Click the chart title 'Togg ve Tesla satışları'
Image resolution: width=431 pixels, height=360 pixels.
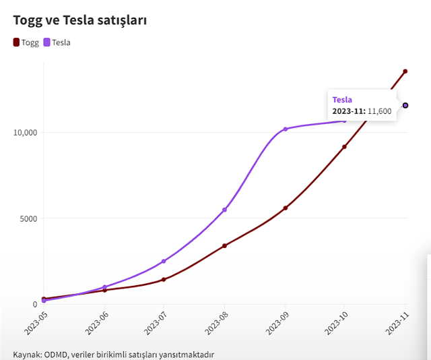(80, 20)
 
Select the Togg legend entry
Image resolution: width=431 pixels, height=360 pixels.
(26, 42)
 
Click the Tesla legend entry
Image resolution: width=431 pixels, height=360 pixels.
(57, 42)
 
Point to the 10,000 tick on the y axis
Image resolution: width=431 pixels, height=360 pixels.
(26, 132)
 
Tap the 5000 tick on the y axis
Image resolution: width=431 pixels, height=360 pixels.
(29, 218)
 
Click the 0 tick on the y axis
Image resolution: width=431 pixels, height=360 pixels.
(35, 304)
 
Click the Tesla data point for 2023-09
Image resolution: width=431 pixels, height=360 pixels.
(285, 129)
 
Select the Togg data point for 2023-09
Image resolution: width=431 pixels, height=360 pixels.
(285, 208)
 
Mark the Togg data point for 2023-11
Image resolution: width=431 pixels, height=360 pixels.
(405, 71)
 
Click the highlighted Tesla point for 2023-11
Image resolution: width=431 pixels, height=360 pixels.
(405, 105)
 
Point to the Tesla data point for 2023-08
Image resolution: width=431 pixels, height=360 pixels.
(224, 210)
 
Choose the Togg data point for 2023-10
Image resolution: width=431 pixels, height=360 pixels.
(344, 146)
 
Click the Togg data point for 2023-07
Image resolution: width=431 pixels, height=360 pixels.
(164, 279)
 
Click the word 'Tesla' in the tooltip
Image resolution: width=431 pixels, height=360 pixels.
(342, 100)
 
